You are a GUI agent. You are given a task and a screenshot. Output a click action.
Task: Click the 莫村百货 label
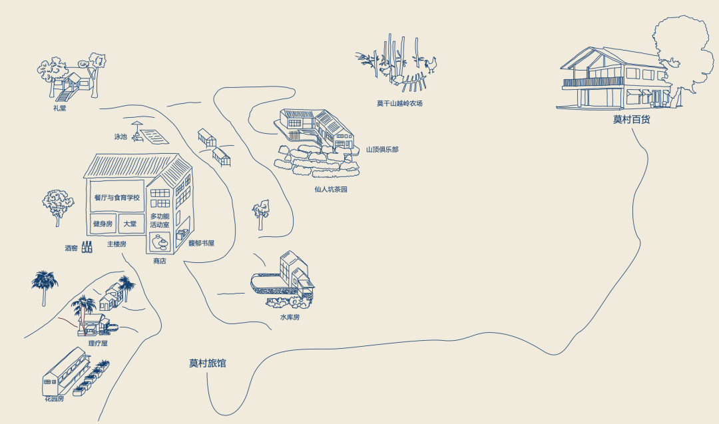631,120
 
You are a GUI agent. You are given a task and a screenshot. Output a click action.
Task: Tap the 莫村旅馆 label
208,363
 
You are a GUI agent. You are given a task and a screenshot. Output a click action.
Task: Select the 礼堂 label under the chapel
60,108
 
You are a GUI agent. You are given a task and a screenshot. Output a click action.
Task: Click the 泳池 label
120,136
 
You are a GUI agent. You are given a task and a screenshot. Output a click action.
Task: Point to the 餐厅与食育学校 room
117,197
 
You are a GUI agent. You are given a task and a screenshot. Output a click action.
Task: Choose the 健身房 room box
103,224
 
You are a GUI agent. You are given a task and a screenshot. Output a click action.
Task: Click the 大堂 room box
130,224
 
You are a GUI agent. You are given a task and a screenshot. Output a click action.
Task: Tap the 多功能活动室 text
160,220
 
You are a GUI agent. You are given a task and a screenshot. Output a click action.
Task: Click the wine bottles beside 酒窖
87,247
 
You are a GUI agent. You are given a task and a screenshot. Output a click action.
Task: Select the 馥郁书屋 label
201,244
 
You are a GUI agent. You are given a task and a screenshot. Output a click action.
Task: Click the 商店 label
160,261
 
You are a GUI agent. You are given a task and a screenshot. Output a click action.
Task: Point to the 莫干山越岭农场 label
399,104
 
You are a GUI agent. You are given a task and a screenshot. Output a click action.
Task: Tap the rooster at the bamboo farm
431,65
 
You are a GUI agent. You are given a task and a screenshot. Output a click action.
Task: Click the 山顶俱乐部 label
382,149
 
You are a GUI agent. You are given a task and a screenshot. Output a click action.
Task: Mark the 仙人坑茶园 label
331,189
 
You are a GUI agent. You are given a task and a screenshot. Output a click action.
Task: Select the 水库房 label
290,317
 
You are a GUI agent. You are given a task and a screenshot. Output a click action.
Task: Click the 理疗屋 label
98,343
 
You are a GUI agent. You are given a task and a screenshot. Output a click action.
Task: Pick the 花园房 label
54,399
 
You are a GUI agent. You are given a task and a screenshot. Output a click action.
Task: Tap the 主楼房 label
117,244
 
